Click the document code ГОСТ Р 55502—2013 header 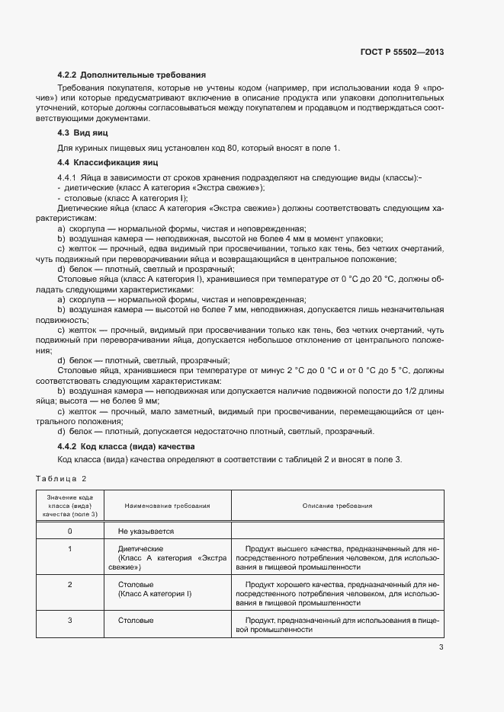click(401, 53)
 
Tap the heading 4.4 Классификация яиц click(107, 163)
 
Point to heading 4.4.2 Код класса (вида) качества click(127, 446)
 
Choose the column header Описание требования click(337, 506)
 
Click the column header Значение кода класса click(70, 506)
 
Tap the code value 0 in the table click(70, 531)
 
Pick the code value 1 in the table click(70, 548)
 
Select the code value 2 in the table click(70, 584)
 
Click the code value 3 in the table click(70, 621)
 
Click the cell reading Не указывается click(146, 531)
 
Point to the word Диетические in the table click(141, 548)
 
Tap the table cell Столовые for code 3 click(136, 621)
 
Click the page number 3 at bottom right click(441, 647)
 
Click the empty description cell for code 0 click(337, 531)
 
